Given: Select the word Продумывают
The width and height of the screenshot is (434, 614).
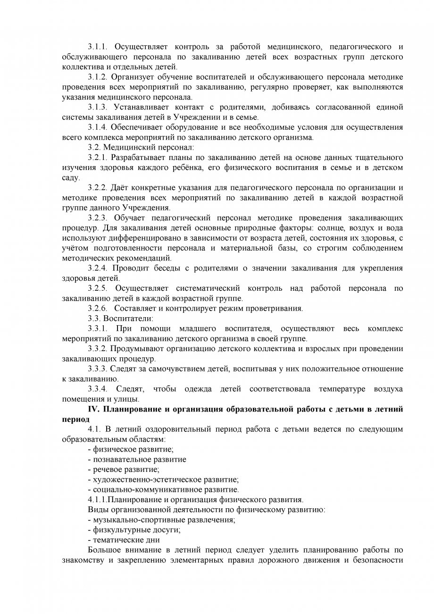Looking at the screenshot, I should click(x=138, y=349).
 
